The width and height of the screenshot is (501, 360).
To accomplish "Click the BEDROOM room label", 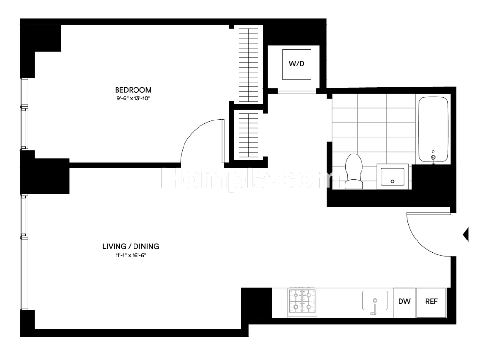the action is coord(133,90).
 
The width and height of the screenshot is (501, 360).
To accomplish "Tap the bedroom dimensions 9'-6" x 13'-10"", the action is coord(133,98).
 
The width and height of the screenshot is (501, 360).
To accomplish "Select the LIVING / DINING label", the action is coord(131,246).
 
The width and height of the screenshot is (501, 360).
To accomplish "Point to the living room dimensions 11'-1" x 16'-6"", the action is coord(131,255).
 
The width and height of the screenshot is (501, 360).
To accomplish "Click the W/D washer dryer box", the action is coord(297,64).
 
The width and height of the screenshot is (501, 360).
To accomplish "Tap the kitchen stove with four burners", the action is coord(302,302).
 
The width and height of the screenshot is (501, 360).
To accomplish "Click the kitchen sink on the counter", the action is coord(375,301).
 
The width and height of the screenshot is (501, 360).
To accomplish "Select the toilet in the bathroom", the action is coord(353,171).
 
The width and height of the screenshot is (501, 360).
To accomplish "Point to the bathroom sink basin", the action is coord(392,176).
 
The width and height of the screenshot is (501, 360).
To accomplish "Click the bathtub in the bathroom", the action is coord(433,130).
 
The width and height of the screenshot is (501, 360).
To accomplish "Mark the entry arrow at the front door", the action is coord(466,235).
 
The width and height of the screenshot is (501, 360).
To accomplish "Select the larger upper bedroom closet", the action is coord(249,64).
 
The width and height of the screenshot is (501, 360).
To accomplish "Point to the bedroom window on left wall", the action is coord(24,114).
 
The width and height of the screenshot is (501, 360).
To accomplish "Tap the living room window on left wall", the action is coord(24,252).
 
